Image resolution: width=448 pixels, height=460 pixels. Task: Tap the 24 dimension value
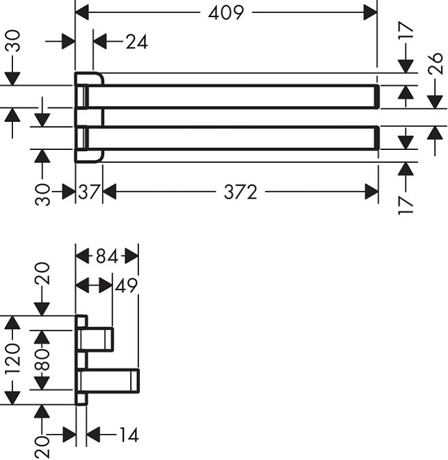pos(136,42)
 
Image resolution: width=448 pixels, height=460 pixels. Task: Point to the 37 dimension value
pos(88,193)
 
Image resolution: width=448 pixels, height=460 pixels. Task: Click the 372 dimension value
pos(240,193)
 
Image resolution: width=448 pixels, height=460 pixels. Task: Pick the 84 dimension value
pos(106,257)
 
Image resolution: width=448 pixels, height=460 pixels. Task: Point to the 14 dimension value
pos(127,434)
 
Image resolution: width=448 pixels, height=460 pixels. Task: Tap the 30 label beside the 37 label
pos(42,194)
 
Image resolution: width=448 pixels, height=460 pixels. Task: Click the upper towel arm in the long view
pos(233,97)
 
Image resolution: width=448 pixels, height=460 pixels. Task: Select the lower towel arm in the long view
pos(233,138)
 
